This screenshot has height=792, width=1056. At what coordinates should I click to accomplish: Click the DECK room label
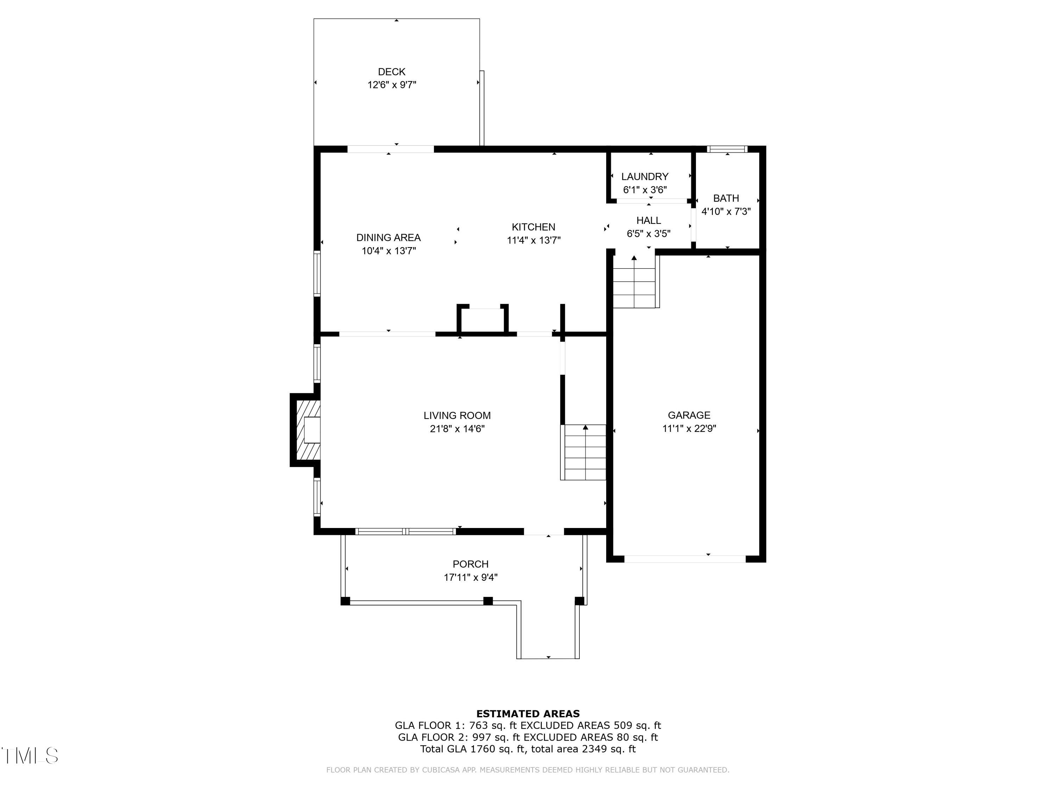pos(391,71)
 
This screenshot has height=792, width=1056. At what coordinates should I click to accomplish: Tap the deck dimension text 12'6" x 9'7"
pos(391,85)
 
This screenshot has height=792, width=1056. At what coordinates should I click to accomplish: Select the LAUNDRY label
pos(645,177)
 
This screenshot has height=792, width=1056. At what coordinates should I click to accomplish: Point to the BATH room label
pos(725,198)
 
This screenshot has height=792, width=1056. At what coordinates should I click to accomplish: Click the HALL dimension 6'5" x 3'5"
pos(648,233)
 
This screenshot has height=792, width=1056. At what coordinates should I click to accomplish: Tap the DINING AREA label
pos(388,237)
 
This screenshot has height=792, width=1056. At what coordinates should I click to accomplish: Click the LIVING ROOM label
pos(457,415)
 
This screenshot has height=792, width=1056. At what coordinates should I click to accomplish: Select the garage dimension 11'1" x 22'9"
pos(689,428)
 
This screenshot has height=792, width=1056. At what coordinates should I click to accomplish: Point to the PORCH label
pos(470,564)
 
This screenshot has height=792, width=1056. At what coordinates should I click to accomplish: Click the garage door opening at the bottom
pos(685,559)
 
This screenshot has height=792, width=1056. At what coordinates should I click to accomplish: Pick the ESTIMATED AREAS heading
pos(528,714)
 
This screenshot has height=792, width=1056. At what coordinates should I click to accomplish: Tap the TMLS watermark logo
pos(30,756)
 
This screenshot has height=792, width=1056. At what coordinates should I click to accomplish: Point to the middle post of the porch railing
pos(488,601)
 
